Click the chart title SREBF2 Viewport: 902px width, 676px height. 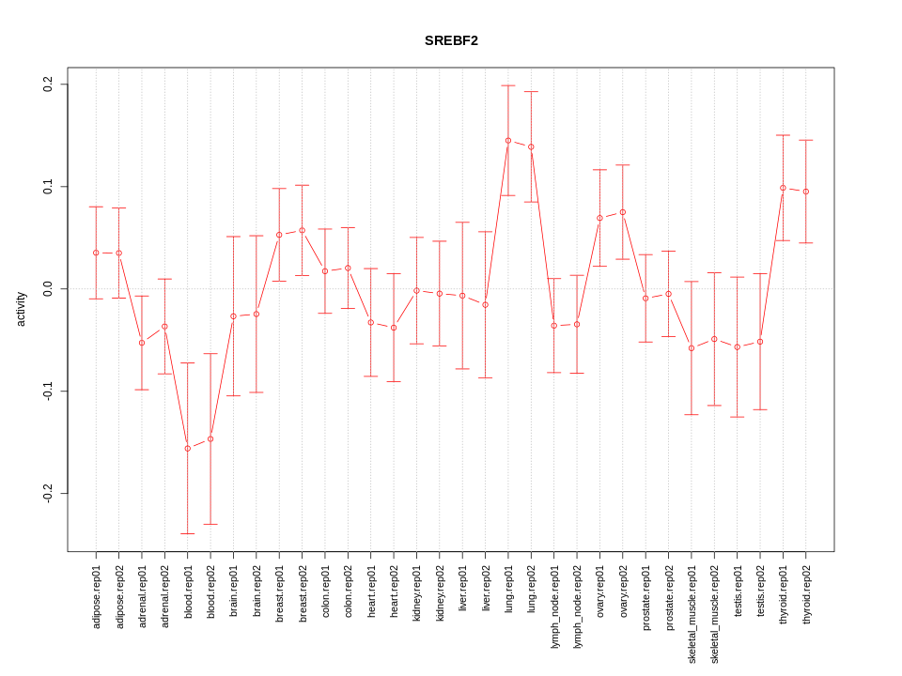[451, 41]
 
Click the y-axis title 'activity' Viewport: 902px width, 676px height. [22, 309]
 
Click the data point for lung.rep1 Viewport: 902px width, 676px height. [508, 141]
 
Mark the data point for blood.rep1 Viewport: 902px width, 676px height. [188, 449]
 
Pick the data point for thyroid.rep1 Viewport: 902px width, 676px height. [783, 188]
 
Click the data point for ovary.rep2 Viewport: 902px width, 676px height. [622, 212]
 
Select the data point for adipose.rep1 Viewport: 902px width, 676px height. [96, 253]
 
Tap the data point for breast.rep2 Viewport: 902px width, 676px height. [302, 230]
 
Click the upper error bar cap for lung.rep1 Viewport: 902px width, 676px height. [508, 85]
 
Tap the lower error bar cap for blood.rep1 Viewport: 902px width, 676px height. [188, 533]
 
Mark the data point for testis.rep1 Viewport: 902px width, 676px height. [738, 347]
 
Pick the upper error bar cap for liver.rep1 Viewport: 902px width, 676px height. [462, 223]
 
